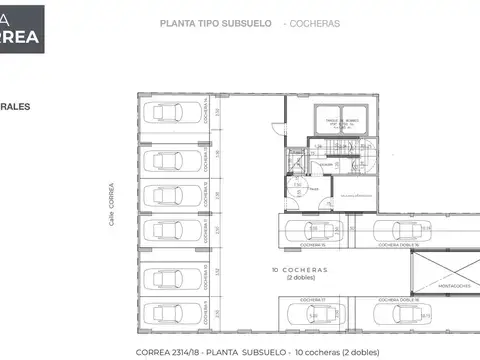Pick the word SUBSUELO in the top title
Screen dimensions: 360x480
pos(250,22)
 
